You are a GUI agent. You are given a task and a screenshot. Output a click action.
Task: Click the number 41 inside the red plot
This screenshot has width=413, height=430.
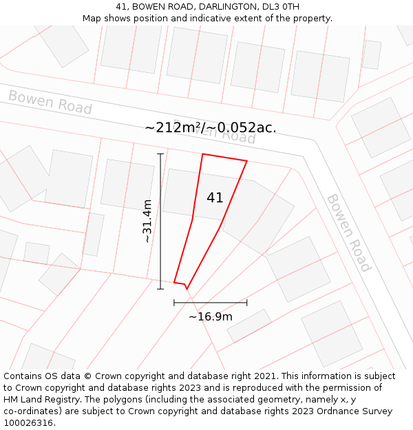(215, 197)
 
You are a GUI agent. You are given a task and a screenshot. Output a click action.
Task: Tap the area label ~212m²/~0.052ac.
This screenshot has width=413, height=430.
(211, 127)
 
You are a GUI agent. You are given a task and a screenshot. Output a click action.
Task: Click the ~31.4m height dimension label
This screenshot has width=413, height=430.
(147, 221)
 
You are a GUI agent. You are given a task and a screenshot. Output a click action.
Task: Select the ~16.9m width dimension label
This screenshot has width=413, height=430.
(211, 316)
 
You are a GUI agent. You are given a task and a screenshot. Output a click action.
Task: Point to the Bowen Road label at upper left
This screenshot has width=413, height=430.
(50, 103)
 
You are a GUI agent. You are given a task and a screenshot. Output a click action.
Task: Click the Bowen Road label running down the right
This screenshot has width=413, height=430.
(348, 233)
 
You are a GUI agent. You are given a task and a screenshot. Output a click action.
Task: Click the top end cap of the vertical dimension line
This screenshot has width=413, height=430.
(160, 153)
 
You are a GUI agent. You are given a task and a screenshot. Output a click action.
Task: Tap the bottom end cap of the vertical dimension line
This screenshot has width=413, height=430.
(160, 289)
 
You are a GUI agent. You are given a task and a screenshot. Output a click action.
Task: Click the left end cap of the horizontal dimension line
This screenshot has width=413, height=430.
(174, 302)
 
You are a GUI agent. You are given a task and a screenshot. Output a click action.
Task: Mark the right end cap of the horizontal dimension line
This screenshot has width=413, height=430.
(246, 302)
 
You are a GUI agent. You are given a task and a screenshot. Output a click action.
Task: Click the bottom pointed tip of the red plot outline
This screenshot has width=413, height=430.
(187, 289)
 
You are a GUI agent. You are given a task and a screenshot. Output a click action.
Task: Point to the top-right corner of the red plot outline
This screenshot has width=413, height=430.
(246, 162)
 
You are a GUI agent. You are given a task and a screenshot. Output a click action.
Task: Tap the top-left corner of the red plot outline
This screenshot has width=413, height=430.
(202, 154)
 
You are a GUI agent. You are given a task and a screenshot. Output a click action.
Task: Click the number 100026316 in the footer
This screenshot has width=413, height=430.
(27, 423)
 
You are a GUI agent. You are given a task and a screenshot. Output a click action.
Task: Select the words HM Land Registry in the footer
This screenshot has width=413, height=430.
(40, 400)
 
